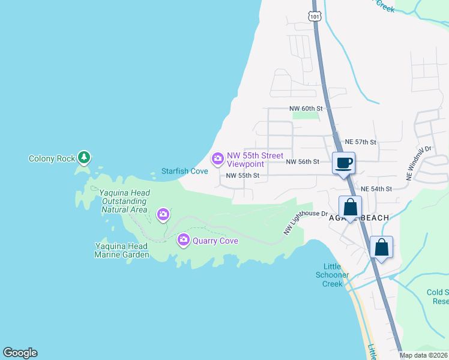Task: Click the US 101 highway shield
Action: click(x=315, y=16)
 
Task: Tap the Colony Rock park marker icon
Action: click(x=85, y=158)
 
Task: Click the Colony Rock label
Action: click(x=52, y=159)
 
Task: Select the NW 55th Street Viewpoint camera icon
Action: click(x=217, y=159)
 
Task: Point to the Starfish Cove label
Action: click(x=185, y=171)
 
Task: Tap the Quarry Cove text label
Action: click(x=215, y=241)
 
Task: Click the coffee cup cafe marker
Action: click(x=344, y=163)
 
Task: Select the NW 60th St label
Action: click(x=306, y=109)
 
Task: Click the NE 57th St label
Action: click(x=360, y=142)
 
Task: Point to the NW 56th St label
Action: click(x=303, y=162)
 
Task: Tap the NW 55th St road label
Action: click(x=243, y=176)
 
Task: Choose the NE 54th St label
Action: click(x=376, y=188)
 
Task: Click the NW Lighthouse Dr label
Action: click(x=306, y=220)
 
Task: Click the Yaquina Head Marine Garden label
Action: click(x=122, y=250)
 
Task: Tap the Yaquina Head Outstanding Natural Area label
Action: click(x=124, y=202)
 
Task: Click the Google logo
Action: click(x=20, y=353)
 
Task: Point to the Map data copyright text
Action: click(x=424, y=355)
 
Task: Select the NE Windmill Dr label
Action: click(x=418, y=163)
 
